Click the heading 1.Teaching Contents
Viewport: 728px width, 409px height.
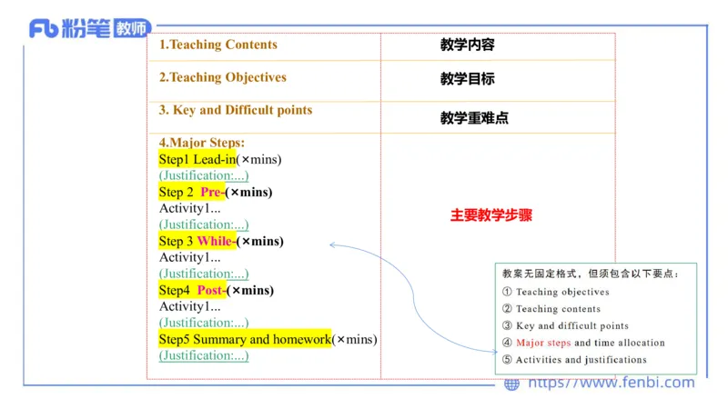[218, 45]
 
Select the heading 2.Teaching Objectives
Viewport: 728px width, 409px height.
[223, 77]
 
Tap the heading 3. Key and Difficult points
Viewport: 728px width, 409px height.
[236, 110]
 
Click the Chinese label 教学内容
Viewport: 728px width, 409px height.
[467, 45]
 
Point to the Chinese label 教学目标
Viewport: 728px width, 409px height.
[467, 79]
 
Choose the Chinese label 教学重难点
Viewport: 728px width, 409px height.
[474, 118]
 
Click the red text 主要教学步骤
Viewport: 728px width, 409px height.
[491, 216]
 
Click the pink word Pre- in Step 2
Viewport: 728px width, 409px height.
[212, 192]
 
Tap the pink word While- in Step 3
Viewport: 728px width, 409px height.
[216, 241]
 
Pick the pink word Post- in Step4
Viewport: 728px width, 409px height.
[211, 290]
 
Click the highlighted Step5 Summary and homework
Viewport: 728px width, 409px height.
[245, 339]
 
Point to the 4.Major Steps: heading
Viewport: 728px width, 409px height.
[202, 143]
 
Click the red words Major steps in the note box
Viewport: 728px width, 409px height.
[543, 343]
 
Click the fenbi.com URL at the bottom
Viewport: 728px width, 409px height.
[611, 383]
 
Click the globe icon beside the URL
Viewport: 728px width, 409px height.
[512, 384]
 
